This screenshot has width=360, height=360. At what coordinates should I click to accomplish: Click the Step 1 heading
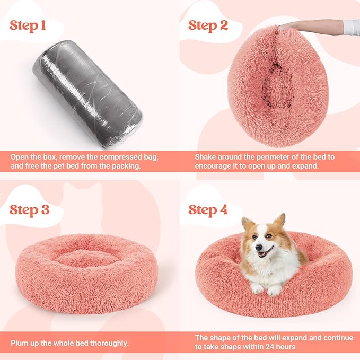(x=31, y=25)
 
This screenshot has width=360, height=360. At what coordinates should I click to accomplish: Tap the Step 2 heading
(x=208, y=25)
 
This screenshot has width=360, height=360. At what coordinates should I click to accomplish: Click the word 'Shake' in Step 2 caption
(x=206, y=157)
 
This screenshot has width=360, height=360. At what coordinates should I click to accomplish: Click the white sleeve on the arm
(x=350, y=26)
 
